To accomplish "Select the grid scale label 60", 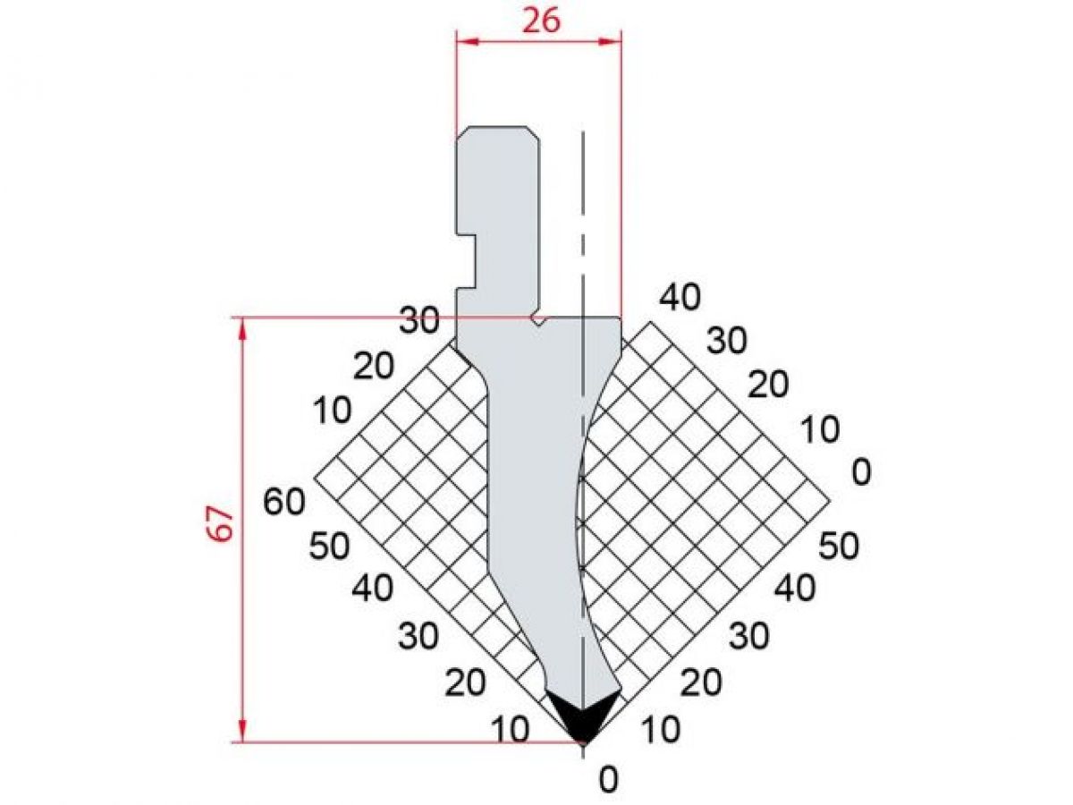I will (284, 502).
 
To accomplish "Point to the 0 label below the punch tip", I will (608, 781).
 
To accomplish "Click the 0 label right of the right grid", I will (861, 471).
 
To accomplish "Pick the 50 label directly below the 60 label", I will (328, 545).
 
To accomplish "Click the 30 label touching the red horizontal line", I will (418, 320).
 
